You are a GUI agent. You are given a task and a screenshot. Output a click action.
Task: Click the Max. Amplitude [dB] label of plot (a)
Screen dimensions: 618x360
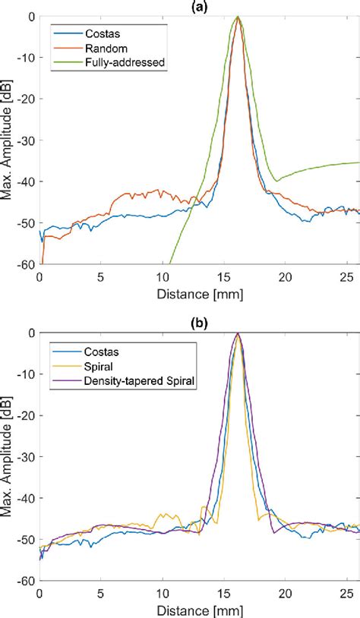click(8, 140)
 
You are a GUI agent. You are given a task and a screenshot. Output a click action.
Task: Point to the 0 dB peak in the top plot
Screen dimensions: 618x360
click(238, 17)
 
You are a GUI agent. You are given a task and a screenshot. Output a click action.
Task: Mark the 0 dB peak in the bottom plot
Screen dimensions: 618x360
click(238, 333)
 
